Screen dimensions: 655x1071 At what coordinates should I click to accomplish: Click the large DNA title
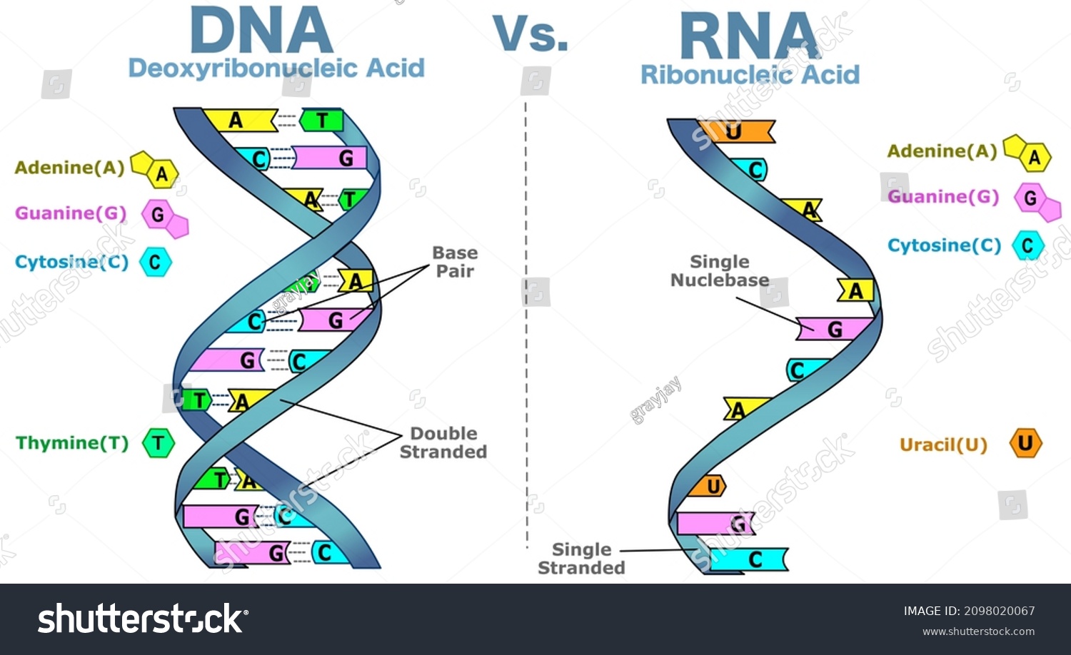click(x=261, y=31)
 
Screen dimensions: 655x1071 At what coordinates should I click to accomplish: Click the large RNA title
click(x=750, y=37)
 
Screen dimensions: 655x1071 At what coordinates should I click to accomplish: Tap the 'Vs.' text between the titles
click(x=531, y=34)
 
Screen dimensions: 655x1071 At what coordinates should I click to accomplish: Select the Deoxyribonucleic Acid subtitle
click(x=276, y=68)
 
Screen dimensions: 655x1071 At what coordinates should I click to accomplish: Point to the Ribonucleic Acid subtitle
click(x=750, y=75)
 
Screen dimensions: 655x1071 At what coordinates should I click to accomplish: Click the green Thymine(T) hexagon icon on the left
click(x=158, y=443)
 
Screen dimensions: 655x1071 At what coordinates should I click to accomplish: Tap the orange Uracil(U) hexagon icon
click(x=1025, y=443)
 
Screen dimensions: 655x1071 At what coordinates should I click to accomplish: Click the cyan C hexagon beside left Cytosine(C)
click(x=155, y=262)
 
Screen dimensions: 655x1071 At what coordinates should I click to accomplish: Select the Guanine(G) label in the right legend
click(x=943, y=197)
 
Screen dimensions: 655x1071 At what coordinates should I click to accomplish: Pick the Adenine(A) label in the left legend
click(x=69, y=168)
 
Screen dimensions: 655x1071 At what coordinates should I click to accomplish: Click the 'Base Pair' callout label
click(x=455, y=262)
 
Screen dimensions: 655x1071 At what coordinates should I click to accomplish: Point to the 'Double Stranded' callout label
click(x=443, y=442)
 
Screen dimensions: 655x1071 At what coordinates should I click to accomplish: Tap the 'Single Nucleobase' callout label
click(x=720, y=271)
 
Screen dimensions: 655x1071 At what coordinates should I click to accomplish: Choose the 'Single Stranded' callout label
click(x=581, y=559)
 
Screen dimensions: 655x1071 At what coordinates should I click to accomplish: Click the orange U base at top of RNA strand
click(x=735, y=132)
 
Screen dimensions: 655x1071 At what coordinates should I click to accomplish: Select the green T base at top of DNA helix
click(x=321, y=121)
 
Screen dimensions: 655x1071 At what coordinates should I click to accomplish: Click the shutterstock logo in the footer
click(x=143, y=619)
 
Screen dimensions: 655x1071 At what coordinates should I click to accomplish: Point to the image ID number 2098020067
click(x=999, y=611)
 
